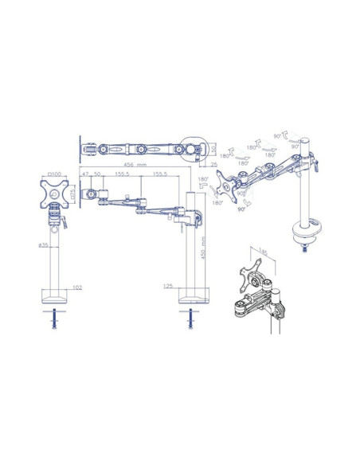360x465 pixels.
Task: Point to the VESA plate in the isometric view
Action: coord(229,189)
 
